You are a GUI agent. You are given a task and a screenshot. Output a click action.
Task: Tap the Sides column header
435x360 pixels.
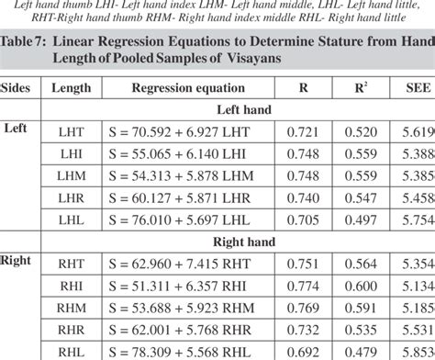pyautogui.click(x=21, y=89)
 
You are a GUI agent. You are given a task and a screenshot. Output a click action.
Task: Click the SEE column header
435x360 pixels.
pyautogui.click(x=412, y=89)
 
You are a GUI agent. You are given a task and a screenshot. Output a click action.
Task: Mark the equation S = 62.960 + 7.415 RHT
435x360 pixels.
pyautogui.click(x=172, y=265)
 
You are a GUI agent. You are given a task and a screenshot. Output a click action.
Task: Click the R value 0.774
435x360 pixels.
pyautogui.click(x=303, y=287)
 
